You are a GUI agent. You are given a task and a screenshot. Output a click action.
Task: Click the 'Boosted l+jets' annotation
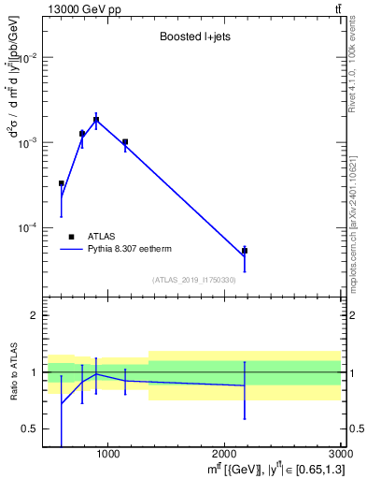point(193,38)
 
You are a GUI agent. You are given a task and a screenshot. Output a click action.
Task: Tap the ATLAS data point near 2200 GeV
point(245,251)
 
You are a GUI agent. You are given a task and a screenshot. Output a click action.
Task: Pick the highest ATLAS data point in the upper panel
point(96,120)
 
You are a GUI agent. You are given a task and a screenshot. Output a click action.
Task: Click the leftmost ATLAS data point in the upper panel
point(62,183)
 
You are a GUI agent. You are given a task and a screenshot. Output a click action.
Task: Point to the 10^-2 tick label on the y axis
point(25,57)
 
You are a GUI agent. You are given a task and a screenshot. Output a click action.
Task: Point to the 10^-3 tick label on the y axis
point(25,142)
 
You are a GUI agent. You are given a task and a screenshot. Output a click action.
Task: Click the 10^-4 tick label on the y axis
point(25,227)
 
